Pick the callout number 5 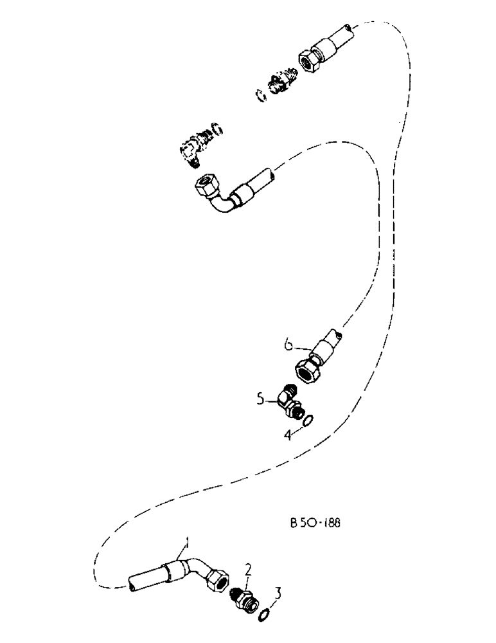pyautogui.click(x=260, y=399)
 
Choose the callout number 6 pyautogui.click(x=289, y=345)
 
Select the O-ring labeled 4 pyautogui.click(x=307, y=421)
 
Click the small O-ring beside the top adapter pyautogui.click(x=260, y=95)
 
